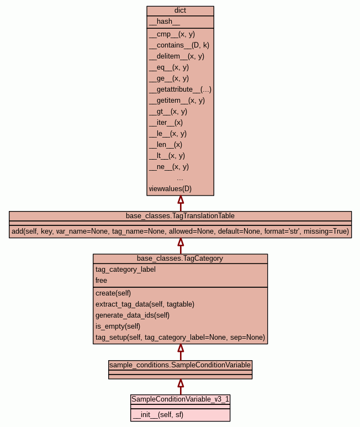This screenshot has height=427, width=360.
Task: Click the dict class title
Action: click(180, 10)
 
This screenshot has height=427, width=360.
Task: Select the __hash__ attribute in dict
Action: click(164, 22)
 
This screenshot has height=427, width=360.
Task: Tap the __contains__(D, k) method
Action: click(179, 45)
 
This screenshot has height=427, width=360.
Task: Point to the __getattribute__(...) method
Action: click(180, 89)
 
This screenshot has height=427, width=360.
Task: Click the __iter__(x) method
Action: click(166, 123)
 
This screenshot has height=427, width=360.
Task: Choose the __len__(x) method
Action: click(166, 145)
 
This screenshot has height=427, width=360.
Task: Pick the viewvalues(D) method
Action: click(170, 189)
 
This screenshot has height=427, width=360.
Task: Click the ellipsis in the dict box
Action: click(180, 178)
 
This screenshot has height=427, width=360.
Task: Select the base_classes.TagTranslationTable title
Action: click(180, 215)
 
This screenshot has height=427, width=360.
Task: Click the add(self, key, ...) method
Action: click(180, 231)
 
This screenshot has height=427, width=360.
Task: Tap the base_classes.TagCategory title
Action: click(180, 259)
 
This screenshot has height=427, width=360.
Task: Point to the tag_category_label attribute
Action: click(125, 270)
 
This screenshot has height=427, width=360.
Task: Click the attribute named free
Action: click(101, 281)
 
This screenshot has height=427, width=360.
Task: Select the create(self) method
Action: click(113, 293)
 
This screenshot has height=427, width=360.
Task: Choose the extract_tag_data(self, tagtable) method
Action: click(145, 304)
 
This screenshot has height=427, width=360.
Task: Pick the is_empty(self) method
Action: click(118, 326)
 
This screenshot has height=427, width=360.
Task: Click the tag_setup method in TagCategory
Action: click(180, 338)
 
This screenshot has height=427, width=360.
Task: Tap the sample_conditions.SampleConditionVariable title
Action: click(180, 365)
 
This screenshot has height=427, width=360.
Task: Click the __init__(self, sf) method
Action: click(158, 415)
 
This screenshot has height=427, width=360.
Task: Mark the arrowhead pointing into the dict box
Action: click(180, 200)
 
